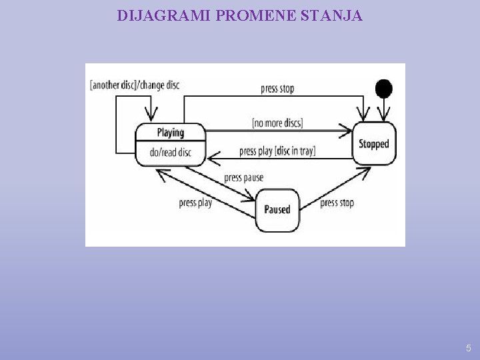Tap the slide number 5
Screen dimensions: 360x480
click(x=469, y=347)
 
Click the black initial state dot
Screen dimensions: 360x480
click(x=383, y=87)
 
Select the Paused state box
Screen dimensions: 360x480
click(x=277, y=209)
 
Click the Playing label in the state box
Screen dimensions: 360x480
click(x=170, y=132)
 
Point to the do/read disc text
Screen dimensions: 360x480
click(x=170, y=153)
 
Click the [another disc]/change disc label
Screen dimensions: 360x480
click(x=134, y=85)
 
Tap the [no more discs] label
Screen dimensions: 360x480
click(x=277, y=123)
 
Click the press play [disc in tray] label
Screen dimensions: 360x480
click(x=277, y=151)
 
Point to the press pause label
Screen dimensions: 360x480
click(x=243, y=177)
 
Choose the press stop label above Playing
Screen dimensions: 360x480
click(x=277, y=89)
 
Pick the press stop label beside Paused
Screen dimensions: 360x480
click(x=337, y=203)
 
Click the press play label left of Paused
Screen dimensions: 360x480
click(x=195, y=203)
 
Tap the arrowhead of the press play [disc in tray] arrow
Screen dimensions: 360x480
click(x=211, y=158)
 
